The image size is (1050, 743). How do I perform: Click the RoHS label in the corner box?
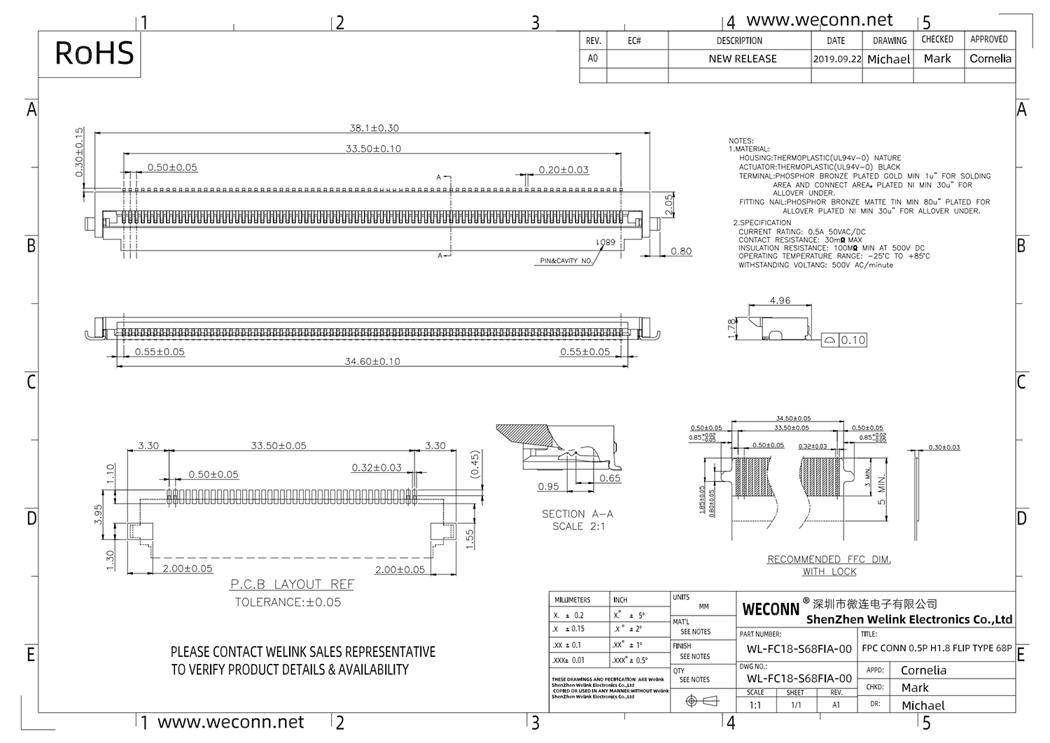94,53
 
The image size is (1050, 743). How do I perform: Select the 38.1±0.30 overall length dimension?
374,128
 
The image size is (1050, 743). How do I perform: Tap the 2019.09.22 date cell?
836,60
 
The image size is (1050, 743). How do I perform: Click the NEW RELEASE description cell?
742,59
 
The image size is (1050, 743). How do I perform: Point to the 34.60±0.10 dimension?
373,361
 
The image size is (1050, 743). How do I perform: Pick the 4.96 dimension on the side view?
780,300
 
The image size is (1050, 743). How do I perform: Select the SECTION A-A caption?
577,514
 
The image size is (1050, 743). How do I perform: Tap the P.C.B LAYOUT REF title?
292,584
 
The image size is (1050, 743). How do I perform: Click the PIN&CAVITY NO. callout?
566,261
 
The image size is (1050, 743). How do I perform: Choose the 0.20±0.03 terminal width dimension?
563,169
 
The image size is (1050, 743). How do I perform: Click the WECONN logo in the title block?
770,609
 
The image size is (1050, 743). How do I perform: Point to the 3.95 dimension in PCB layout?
99,515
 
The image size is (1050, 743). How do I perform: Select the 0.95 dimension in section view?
548,486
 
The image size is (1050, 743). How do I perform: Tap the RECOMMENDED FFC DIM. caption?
829,560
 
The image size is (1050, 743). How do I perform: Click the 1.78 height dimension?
732,329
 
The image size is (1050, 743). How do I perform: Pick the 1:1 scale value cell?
755,705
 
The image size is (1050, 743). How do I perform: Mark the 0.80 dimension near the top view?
680,251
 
